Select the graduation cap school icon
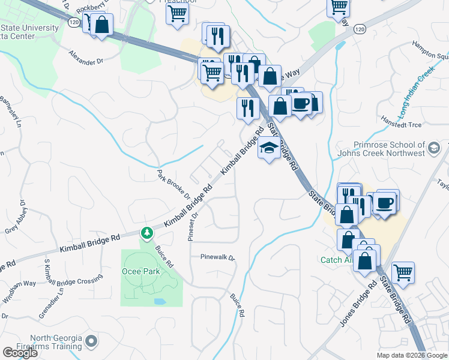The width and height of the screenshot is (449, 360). click(x=269, y=148)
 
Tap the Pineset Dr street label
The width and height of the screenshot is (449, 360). click(x=193, y=225)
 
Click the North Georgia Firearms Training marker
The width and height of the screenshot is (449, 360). click(x=91, y=342)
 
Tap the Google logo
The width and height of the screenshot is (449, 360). click(x=20, y=352)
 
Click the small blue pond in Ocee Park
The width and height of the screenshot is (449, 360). click(x=160, y=300)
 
